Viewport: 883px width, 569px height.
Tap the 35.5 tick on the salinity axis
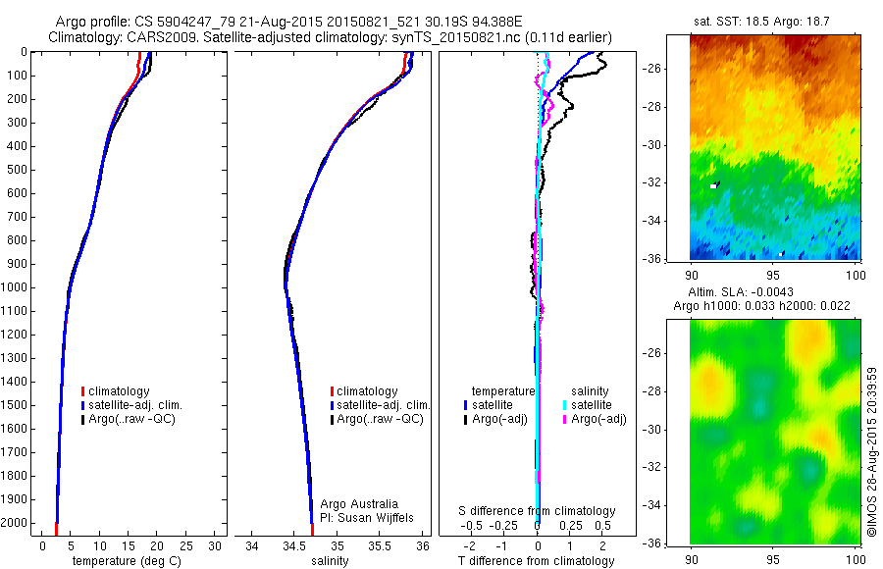(380, 545)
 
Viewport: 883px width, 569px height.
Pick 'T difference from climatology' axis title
(537, 561)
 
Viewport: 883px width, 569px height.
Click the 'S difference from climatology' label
(537, 511)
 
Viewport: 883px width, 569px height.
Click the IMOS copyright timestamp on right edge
(871, 453)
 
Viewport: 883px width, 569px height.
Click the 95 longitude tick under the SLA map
(773, 558)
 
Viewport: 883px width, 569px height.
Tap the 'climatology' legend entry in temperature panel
(120, 391)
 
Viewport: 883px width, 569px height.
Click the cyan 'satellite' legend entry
(592, 404)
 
